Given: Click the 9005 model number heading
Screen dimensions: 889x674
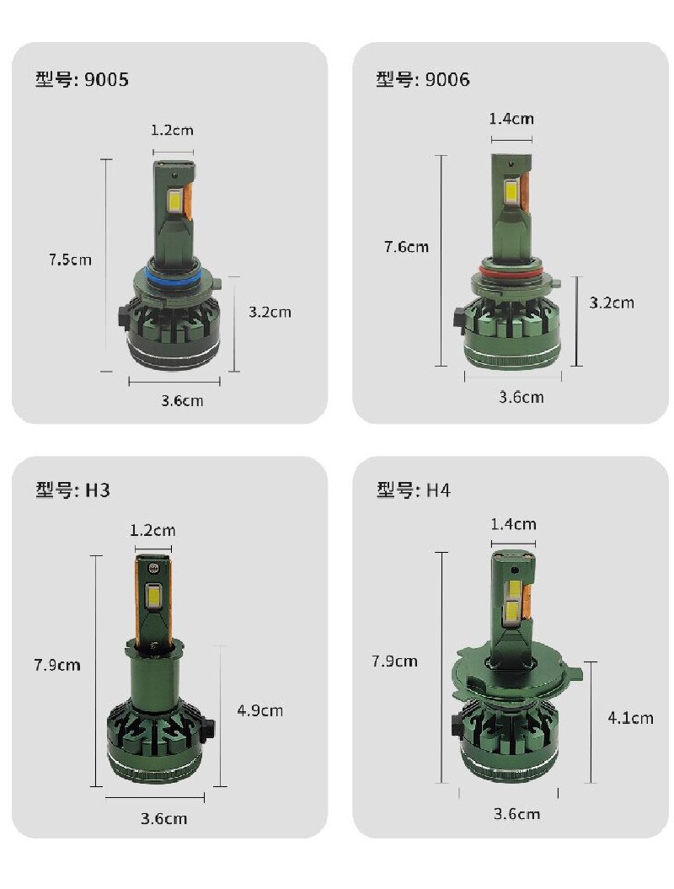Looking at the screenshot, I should (82, 80).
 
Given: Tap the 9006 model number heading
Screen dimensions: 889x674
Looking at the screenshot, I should (423, 79).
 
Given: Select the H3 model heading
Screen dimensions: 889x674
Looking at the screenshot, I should (73, 490).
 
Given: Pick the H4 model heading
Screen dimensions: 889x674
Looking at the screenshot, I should (414, 490).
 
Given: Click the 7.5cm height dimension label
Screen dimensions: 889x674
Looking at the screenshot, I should (70, 260).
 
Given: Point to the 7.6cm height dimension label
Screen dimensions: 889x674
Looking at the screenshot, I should (406, 247).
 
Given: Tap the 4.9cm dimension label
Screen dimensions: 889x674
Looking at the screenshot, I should (260, 710).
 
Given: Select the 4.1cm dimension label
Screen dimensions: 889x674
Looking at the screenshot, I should (631, 718).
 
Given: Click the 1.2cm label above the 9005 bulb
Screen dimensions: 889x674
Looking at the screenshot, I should (172, 131).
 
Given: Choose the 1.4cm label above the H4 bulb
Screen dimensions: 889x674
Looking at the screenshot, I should (513, 524).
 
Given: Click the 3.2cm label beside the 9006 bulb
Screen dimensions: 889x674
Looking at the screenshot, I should (612, 302).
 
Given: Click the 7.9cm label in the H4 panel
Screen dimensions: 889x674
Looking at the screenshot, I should (394, 661).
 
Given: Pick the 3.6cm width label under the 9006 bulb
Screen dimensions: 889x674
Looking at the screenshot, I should (522, 397).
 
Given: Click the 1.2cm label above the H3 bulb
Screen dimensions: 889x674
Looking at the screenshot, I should (152, 530).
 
